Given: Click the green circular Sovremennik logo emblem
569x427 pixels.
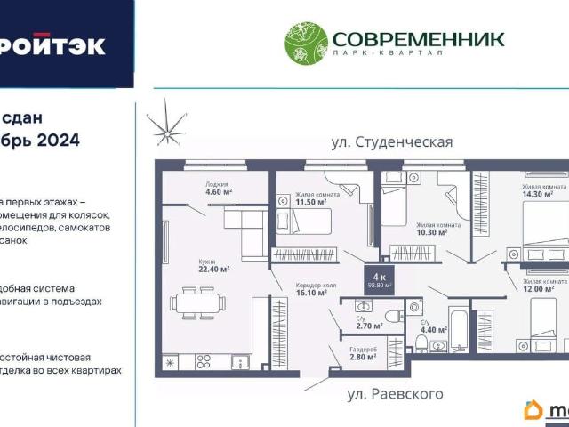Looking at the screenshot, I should pyautogui.click(x=306, y=44).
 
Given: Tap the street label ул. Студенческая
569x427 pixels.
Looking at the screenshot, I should pyautogui.click(x=393, y=141).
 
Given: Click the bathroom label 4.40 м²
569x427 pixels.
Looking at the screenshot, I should pyautogui.click(x=433, y=327).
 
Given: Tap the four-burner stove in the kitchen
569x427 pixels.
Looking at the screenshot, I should pyautogui.click(x=204, y=361).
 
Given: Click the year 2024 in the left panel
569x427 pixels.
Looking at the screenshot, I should pyautogui.click(x=58, y=140).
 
